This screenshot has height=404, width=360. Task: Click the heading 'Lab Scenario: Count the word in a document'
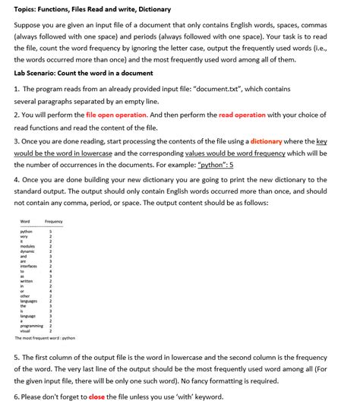tap(84, 73)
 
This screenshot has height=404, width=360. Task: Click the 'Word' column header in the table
tap(25, 221)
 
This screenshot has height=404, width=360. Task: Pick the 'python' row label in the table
tap(26, 231)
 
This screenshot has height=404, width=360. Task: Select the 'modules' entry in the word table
tap(27, 246)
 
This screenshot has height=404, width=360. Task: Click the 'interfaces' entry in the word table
tap(29, 267)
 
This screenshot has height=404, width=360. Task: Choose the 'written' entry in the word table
tap(27, 282)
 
